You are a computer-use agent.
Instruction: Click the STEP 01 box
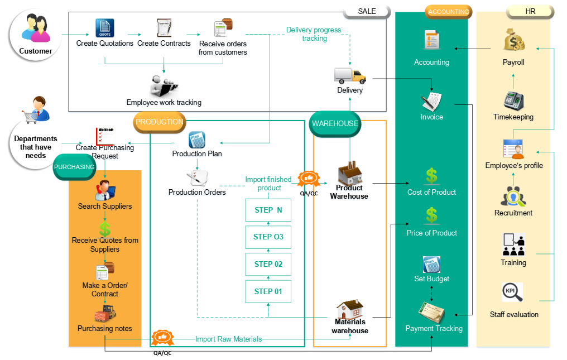[268, 291]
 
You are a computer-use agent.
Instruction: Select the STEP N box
[268, 210]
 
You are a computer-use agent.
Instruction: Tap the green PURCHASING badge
[74, 167]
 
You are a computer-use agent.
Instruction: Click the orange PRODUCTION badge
[160, 122]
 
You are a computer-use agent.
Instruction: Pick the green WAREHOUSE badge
[335, 124]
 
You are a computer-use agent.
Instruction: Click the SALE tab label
[367, 11]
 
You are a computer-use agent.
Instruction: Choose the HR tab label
[530, 11]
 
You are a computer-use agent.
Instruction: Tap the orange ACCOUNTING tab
[448, 12]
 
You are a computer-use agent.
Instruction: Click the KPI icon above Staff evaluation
[512, 292]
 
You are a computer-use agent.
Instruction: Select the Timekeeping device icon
[513, 100]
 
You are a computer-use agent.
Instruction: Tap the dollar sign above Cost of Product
[431, 176]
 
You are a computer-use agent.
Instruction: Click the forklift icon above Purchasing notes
[105, 314]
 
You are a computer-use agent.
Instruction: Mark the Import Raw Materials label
[228, 339]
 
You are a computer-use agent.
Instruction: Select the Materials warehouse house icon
[350, 309]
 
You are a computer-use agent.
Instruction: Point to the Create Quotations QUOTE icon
[104, 28]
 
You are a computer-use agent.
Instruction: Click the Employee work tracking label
[164, 103]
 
